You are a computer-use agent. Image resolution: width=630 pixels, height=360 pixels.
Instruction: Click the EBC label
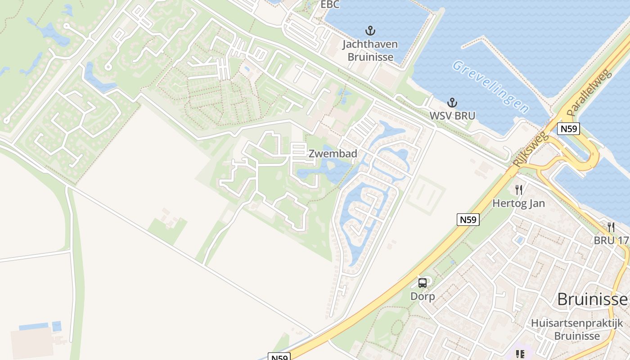[330, 5]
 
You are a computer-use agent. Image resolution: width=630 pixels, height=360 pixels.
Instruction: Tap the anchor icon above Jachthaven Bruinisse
[370, 31]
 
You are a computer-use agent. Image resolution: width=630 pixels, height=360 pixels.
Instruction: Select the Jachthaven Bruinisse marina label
[370, 51]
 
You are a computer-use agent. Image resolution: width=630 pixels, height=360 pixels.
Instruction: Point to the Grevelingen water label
[491, 87]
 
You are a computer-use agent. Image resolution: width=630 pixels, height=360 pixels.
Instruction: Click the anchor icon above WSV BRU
[452, 103]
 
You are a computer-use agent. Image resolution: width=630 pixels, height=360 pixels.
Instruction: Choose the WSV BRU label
[452, 116]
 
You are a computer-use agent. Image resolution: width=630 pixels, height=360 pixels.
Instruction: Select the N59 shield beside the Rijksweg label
[568, 129]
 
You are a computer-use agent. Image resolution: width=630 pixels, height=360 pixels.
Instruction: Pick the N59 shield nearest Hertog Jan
[468, 220]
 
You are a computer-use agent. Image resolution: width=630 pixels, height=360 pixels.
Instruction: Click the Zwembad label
[333, 153]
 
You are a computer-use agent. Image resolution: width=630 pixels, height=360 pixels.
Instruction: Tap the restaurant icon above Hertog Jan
[519, 190]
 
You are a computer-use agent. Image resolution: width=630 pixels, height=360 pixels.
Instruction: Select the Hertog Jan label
[519, 203]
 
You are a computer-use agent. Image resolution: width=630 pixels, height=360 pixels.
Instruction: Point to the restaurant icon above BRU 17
[611, 227]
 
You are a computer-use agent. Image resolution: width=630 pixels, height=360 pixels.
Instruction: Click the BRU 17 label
[611, 240]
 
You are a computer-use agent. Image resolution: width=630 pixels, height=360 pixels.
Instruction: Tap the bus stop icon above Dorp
[423, 283]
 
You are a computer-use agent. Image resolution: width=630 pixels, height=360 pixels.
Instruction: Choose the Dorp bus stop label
[423, 297]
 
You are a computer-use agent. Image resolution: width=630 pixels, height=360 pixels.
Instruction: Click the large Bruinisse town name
[592, 299]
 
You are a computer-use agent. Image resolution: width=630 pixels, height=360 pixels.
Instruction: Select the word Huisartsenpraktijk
[577, 323]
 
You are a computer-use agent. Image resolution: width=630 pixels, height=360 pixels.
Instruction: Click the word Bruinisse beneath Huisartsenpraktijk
[577, 336]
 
